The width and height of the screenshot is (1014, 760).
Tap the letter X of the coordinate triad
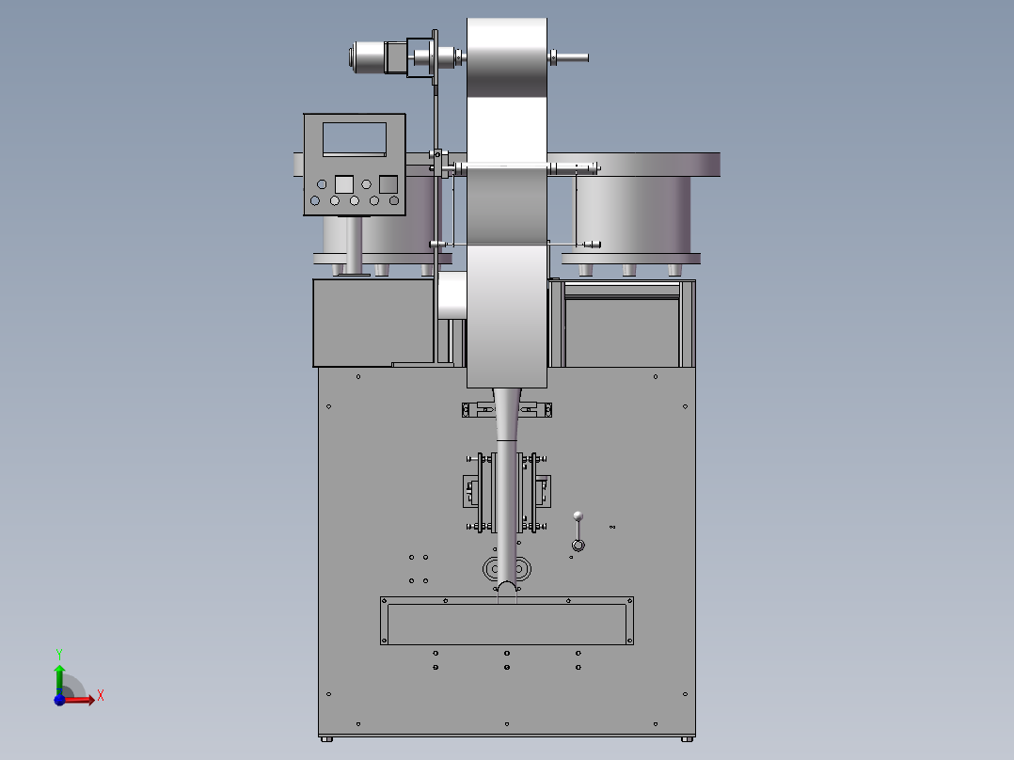click(101, 696)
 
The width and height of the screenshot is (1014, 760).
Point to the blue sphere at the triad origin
click(59, 700)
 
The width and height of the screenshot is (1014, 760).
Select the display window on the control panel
click(355, 138)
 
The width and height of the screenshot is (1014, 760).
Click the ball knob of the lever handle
click(578, 516)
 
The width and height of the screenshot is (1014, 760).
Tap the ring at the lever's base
click(578, 546)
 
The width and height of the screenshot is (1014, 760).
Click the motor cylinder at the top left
click(369, 57)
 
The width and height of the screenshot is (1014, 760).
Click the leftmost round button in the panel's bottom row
click(315, 200)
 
